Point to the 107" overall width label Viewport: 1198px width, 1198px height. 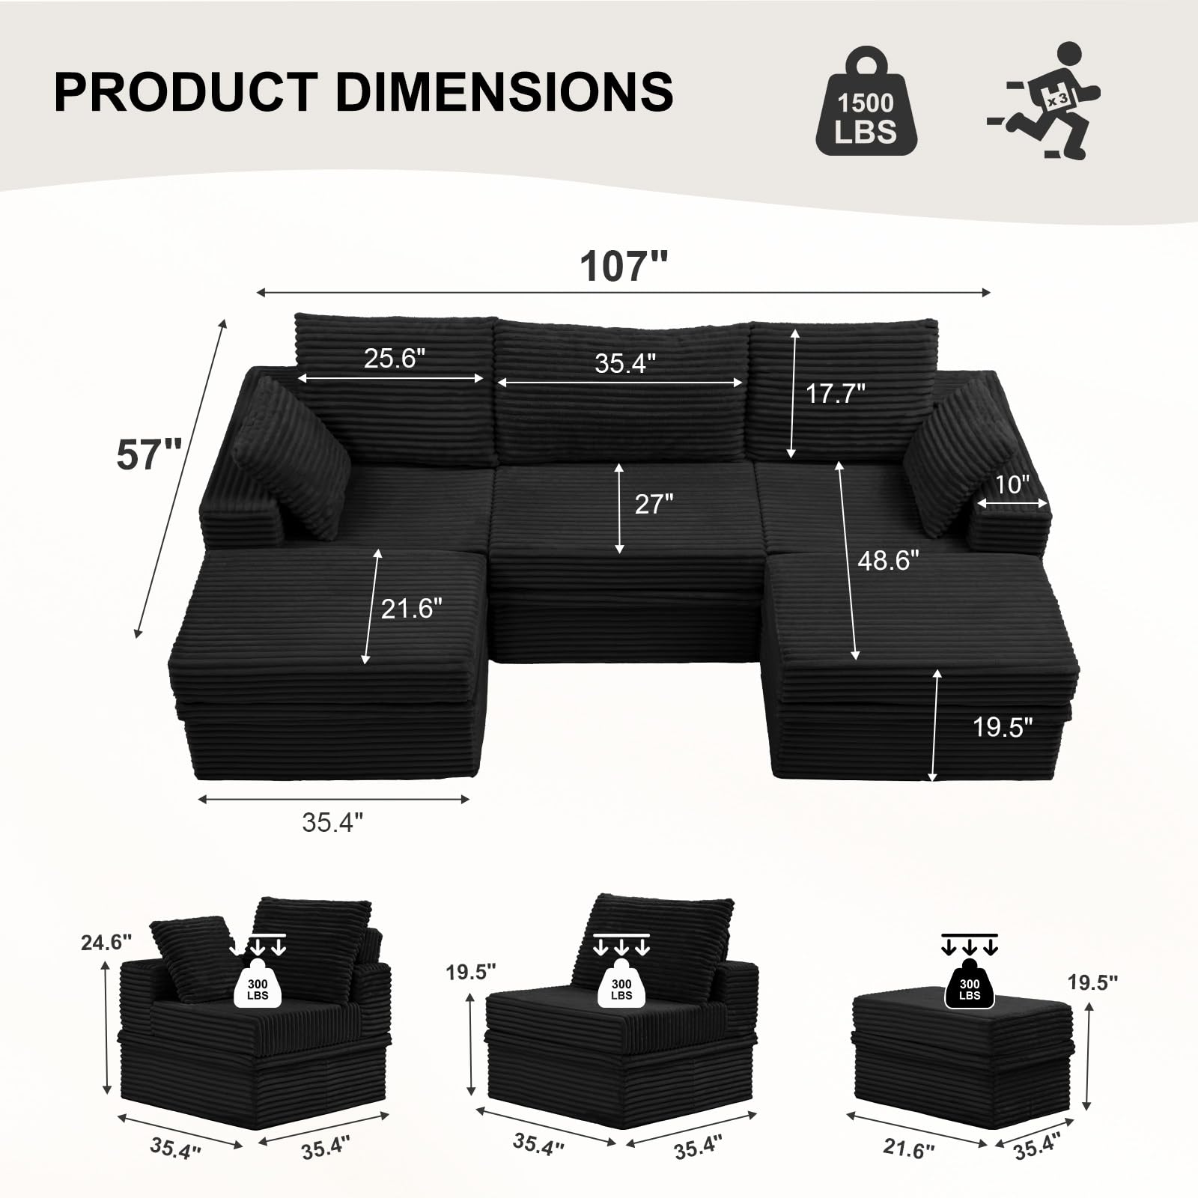pyautogui.click(x=623, y=265)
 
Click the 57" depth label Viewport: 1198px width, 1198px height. pyautogui.click(x=149, y=454)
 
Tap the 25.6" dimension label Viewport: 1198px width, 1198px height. pyautogui.click(x=395, y=359)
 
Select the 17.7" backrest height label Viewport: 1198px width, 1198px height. pyautogui.click(x=835, y=393)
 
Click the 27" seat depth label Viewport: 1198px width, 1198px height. pyautogui.click(x=654, y=504)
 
